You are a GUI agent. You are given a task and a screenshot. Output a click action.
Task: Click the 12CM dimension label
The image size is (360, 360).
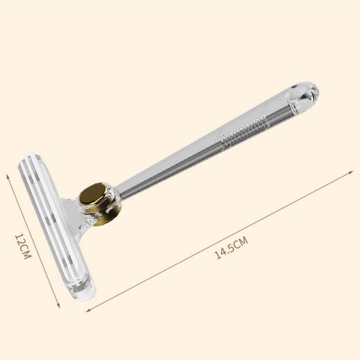[23, 246]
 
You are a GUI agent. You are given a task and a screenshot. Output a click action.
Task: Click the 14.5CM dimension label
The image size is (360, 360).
[231, 247]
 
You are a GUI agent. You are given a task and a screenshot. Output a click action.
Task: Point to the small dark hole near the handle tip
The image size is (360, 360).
[293, 87]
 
